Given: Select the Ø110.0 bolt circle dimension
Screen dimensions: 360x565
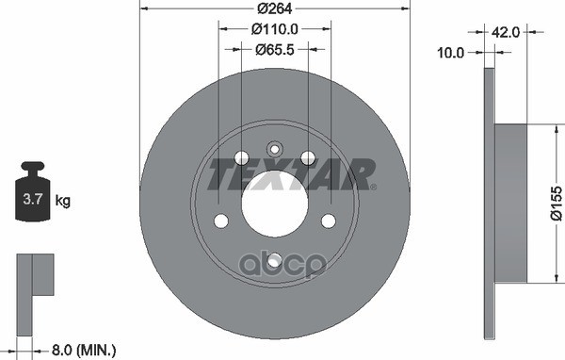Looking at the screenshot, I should [275, 29].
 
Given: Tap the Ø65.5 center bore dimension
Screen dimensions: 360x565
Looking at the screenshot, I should [275, 49].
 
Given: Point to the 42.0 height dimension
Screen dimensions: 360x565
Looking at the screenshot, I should [508, 31].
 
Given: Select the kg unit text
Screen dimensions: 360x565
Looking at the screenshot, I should [63, 201].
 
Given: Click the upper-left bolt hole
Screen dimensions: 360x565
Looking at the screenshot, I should [240, 158].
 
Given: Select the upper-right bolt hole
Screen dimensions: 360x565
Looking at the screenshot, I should [308, 158].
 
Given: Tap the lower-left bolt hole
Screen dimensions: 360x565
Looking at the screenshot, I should [221, 221].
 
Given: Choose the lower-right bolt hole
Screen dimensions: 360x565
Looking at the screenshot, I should [329, 221].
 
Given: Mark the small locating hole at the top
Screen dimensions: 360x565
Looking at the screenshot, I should [274, 148].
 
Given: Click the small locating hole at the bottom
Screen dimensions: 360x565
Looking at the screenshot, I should [274, 261].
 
